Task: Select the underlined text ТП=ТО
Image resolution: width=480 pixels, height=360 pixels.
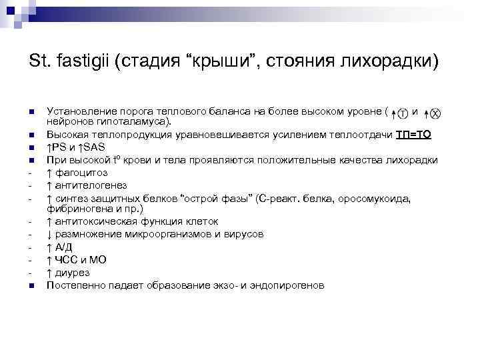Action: click(x=413, y=135)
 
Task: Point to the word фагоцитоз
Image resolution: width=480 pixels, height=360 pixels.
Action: click(x=79, y=173)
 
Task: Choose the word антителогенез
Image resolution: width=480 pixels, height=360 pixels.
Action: click(x=90, y=185)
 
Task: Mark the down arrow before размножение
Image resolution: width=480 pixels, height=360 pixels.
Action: click(x=49, y=234)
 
